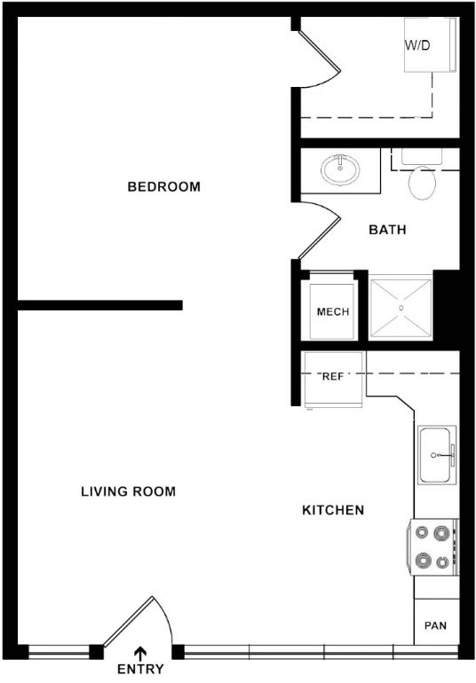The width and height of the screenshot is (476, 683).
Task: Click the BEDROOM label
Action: click(x=164, y=187)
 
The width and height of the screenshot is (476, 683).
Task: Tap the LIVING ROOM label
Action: click(x=128, y=491)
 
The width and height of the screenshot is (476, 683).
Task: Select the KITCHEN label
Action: click(x=333, y=510)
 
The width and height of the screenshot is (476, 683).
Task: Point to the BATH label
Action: click(x=387, y=230)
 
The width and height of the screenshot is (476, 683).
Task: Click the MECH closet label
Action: click(x=333, y=312)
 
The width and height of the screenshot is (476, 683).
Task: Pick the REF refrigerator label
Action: click(x=333, y=377)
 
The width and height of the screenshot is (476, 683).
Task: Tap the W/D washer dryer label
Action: click(x=417, y=45)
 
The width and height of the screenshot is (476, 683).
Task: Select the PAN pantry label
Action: click(x=435, y=625)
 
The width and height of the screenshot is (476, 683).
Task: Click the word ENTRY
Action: click(x=140, y=669)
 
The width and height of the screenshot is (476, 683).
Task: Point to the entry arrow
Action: click(x=140, y=654)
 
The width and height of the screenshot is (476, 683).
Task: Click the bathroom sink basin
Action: click(x=340, y=169)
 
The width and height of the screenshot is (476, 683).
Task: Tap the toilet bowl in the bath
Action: click(x=423, y=183)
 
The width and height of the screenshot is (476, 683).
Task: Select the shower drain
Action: click(x=401, y=308)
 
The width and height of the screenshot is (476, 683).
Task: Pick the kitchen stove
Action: click(x=432, y=546)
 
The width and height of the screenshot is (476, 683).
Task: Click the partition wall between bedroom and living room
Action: click(x=100, y=305)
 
